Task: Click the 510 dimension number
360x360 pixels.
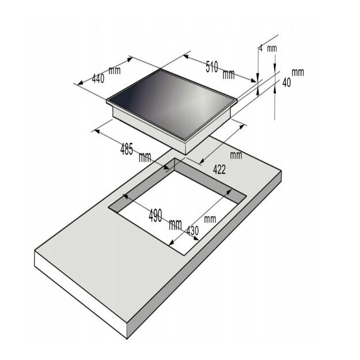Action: tap(211, 67)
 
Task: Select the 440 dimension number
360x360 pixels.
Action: tap(98, 79)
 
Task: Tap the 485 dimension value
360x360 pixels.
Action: tap(127, 149)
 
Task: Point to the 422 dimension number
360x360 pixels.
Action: tap(219, 170)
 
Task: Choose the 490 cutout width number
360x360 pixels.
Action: tap(156, 215)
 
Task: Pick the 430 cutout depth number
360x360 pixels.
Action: tap(192, 231)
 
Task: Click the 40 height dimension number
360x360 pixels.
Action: tap(286, 82)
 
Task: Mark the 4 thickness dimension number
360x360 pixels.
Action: tap(261, 49)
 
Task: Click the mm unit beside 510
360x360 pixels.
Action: tap(229, 74)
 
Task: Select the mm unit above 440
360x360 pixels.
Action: tap(115, 70)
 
